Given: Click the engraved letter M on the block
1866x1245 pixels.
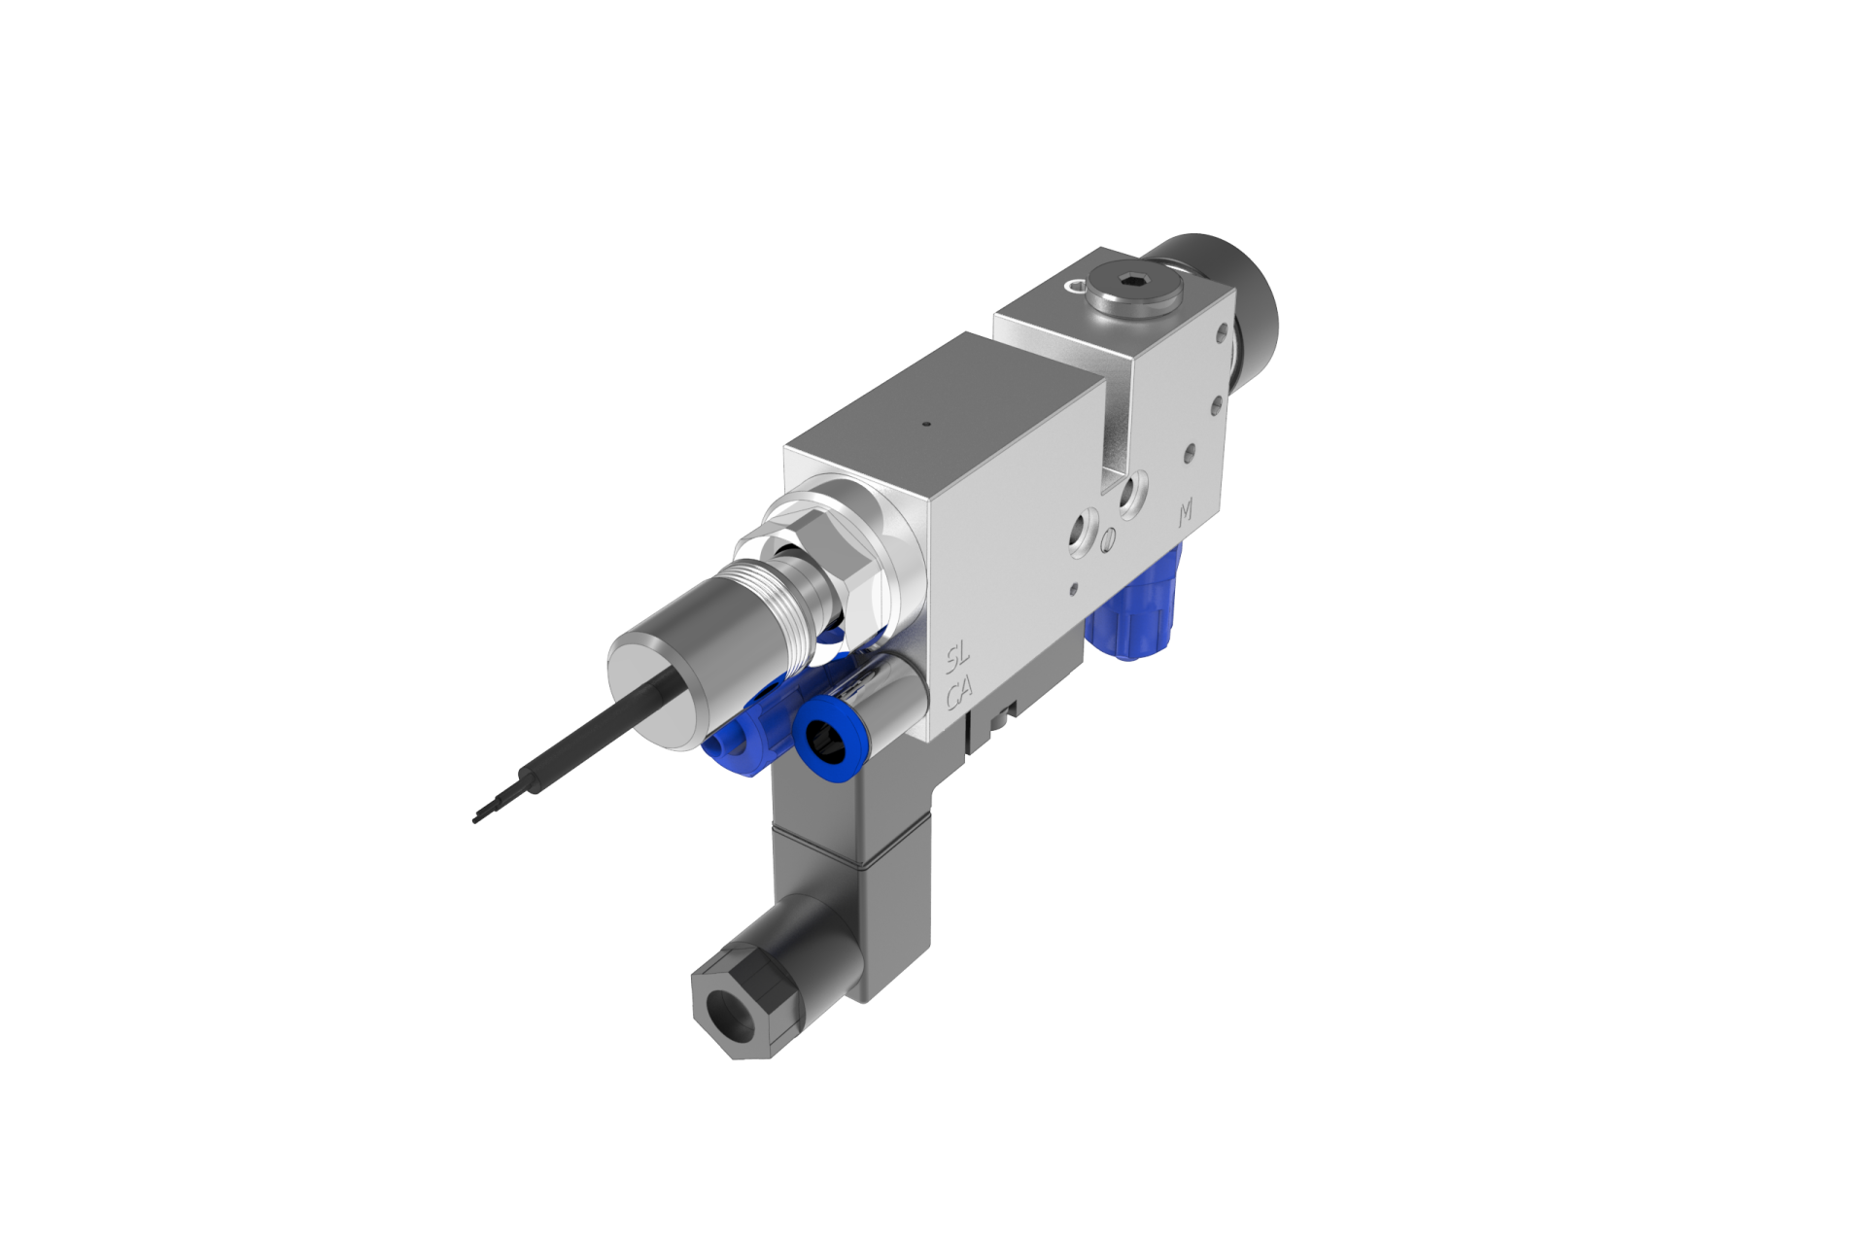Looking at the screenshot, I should (1185, 513).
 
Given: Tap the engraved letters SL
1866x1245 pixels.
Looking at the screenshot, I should (960, 661).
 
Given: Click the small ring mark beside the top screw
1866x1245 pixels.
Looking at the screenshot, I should (1070, 285).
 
